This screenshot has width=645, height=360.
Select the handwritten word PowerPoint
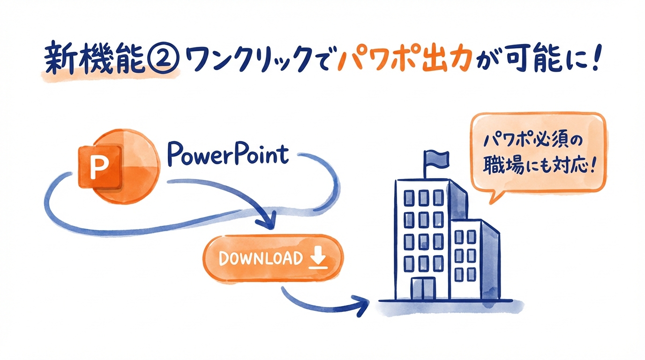[x=227, y=153]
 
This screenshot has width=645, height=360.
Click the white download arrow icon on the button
[x=317, y=258]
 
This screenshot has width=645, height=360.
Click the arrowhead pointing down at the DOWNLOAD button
[x=269, y=222]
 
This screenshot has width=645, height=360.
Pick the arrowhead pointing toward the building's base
[x=363, y=305]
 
